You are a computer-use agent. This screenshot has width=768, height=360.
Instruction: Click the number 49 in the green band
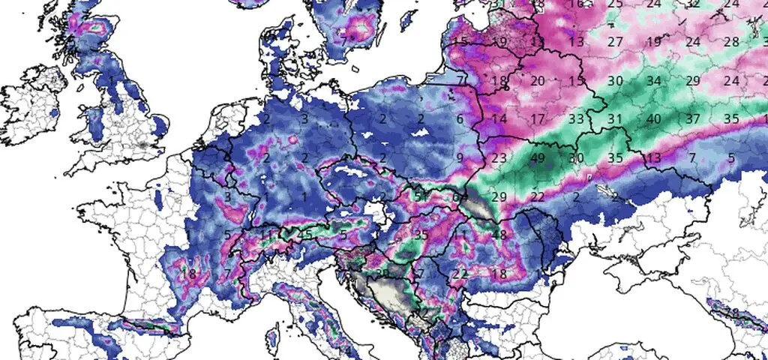pos(537,157)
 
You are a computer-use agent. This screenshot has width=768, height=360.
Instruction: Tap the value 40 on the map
pos(653,118)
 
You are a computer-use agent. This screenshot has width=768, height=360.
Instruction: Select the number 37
pos(692,118)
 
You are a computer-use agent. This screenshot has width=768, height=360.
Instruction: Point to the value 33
pos(576,118)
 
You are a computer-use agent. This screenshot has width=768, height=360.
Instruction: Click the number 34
pos(653,80)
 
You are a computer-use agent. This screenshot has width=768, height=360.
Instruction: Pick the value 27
pos(615,41)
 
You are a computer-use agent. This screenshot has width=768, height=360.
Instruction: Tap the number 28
pos(731,41)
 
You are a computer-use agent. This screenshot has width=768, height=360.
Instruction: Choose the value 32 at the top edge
pos(692,4)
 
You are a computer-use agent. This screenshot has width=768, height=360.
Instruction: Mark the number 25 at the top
pos(615,4)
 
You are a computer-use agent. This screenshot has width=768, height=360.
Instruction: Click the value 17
pos(537,118)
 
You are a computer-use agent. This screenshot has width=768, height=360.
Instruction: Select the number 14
pos(499,118)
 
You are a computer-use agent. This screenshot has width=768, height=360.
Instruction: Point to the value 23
pos(499,157)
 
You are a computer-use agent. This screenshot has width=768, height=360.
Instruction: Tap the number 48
pos(499,235)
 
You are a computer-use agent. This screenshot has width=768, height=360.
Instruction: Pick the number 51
pos(421,196)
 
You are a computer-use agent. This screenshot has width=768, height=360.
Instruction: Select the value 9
pos(460,157)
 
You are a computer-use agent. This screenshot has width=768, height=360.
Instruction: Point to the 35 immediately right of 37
pos(731,118)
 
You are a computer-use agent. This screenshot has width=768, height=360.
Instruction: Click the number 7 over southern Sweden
pos(343,41)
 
